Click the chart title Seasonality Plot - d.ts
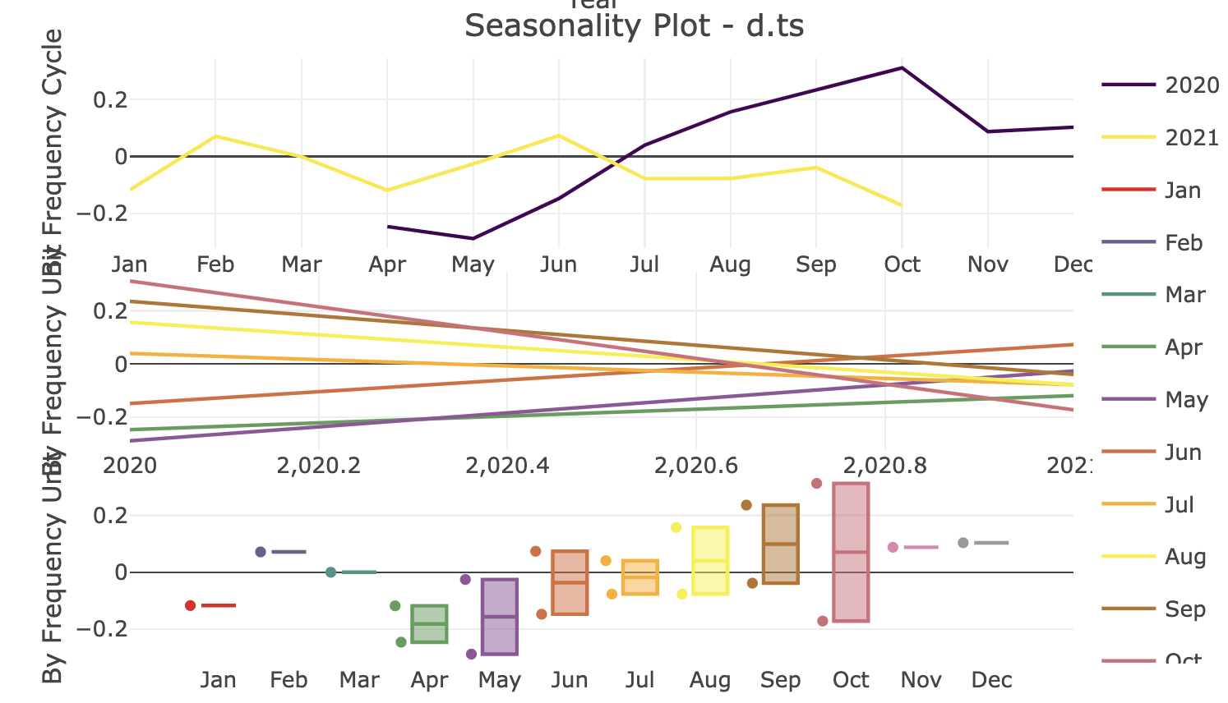(x=634, y=26)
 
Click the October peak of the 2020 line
(x=902, y=67)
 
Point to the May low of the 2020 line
(x=473, y=239)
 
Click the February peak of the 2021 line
(x=215, y=136)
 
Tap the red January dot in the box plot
(x=191, y=605)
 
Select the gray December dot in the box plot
(x=963, y=543)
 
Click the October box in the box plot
(x=851, y=552)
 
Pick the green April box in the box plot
(x=429, y=624)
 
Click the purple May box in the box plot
(x=499, y=617)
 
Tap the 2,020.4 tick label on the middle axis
(x=507, y=466)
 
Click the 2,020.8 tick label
(x=885, y=466)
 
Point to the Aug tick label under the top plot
(x=730, y=264)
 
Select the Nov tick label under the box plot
(x=921, y=680)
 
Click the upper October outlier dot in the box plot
(x=816, y=483)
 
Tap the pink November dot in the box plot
(x=893, y=547)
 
